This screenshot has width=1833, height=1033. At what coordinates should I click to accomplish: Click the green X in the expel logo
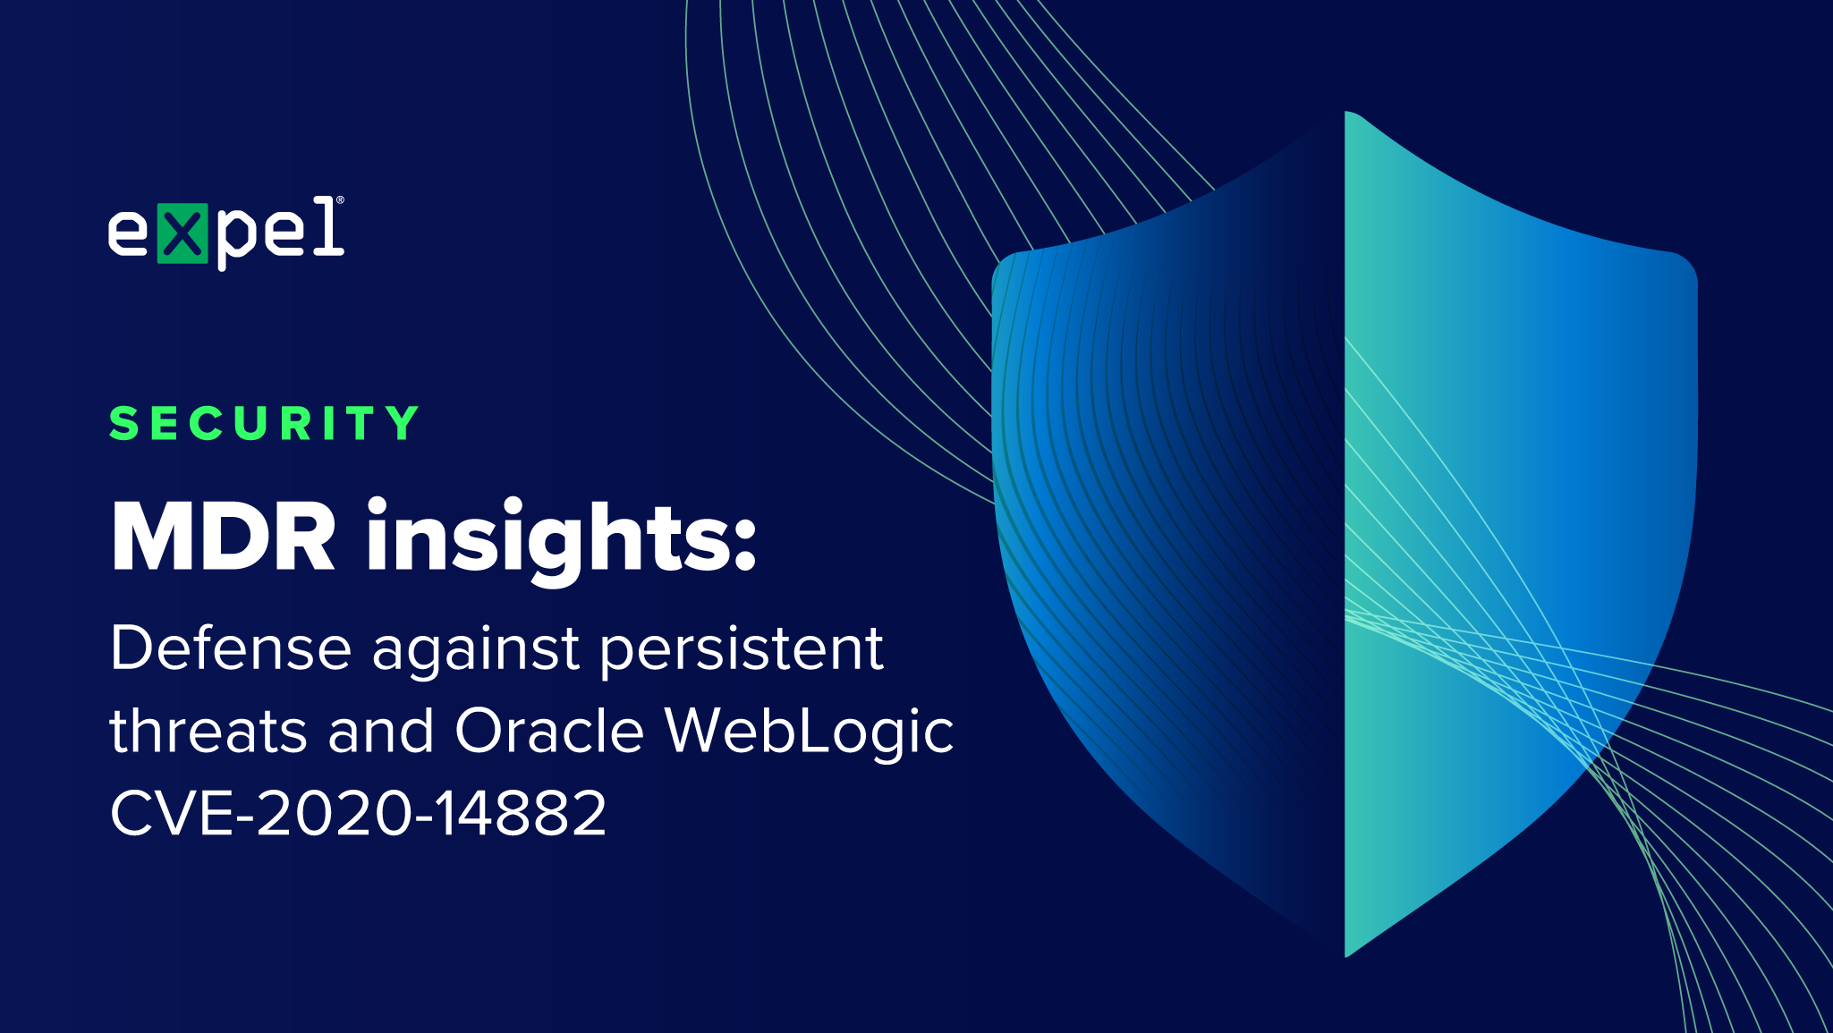point(182,233)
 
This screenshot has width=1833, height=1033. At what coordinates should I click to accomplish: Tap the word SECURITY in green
point(264,423)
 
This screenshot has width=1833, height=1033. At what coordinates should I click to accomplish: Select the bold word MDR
point(224,537)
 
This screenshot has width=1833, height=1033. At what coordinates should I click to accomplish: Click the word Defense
point(231,648)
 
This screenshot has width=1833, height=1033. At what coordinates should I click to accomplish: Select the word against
point(476,651)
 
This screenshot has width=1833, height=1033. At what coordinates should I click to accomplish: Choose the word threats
point(208,731)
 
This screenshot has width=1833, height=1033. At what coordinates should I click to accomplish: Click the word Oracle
point(549,731)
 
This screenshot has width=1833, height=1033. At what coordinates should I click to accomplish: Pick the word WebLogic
point(810,733)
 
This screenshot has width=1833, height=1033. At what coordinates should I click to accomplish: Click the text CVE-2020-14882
point(358,813)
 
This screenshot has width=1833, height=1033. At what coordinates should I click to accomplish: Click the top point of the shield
point(1346,112)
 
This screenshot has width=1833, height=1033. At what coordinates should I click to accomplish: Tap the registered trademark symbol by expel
point(340,200)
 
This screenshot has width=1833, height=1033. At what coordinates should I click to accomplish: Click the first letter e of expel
point(128,234)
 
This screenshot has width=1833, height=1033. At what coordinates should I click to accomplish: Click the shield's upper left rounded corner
point(1007,266)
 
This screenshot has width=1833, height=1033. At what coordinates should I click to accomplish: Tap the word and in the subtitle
point(381,731)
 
